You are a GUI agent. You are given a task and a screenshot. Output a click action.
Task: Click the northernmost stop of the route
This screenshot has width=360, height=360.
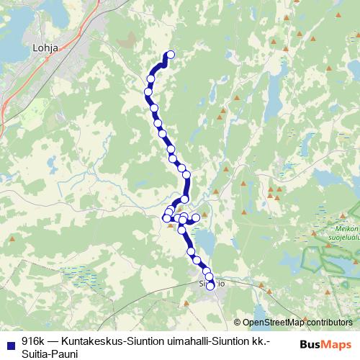[171, 54]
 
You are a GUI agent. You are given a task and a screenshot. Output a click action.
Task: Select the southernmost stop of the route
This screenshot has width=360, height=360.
[210, 286]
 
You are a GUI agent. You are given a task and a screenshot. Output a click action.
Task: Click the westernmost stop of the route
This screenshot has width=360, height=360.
[148, 91]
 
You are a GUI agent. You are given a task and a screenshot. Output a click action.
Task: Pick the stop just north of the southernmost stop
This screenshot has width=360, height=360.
[209, 276]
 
